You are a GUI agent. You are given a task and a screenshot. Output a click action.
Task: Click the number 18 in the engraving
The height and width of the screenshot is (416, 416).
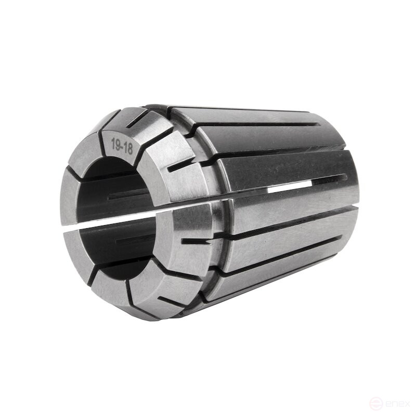pos(127,148)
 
